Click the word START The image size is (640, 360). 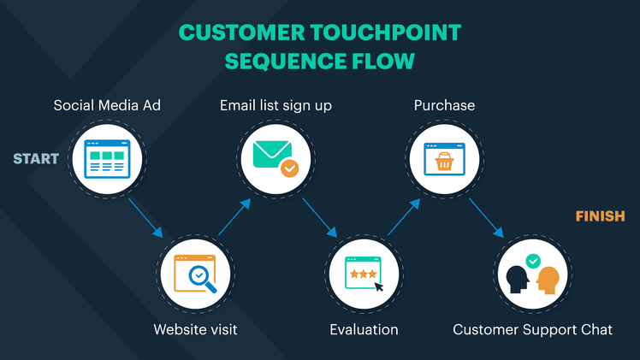click(x=36, y=158)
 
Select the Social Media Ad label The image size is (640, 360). click(x=107, y=106)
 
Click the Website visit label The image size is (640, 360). click(x=195, y=329)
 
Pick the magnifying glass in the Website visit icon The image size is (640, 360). click(x=202, y=277)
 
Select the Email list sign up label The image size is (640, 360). click(x=276, y=106)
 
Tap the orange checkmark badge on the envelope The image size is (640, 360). click(x=289, y=168)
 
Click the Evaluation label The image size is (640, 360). click(x=364, y=329)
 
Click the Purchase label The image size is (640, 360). click(x=444, y=106)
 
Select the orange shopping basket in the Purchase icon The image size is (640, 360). click(x=444, y=161)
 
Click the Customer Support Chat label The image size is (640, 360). click(x=532, y=329)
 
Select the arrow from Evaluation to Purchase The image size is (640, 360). click(x=404, y=217)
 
